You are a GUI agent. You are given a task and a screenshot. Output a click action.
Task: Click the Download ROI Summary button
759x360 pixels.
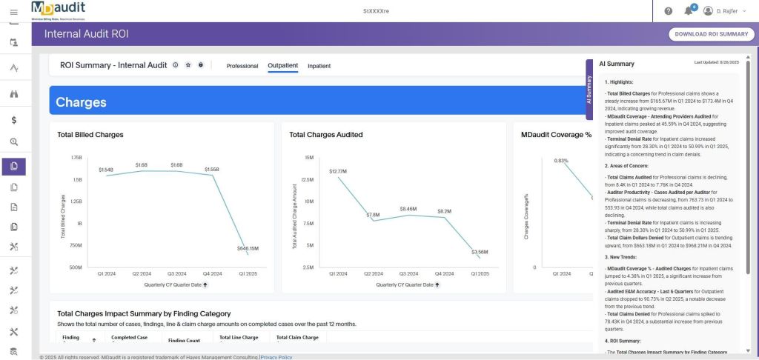[712, 34]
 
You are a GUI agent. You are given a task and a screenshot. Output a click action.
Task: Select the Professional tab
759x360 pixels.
[242, 66]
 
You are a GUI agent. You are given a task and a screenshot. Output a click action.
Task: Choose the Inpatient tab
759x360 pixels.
[319, 66]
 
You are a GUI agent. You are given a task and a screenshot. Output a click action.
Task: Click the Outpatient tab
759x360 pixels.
[282, 66]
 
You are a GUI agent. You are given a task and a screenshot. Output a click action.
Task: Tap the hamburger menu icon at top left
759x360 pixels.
[13, 10]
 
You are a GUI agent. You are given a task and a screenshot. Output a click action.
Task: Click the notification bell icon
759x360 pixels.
[690, 11]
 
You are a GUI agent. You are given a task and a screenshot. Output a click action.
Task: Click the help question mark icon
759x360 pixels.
[668, 11]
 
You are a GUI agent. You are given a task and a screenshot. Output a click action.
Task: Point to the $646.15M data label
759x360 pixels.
[247, 248]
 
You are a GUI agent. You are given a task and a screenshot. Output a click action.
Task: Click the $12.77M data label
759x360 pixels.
[338, 171]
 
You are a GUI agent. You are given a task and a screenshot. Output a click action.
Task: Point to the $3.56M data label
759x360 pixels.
[480, 252]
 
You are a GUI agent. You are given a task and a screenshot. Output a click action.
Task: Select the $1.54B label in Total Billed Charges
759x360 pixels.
[105, 170]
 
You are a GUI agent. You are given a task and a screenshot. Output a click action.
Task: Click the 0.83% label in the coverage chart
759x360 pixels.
[561, 161]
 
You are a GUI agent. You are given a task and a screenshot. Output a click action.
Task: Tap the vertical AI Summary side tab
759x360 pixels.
[589, 89]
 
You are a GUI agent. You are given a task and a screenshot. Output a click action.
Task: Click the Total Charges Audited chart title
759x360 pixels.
[325, 135]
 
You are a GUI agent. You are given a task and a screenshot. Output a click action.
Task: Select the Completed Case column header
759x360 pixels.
[129, 338]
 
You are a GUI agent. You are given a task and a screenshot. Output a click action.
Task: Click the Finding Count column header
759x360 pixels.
[184, 341]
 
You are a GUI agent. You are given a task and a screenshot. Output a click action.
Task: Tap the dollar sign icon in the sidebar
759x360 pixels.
[14, 119]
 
